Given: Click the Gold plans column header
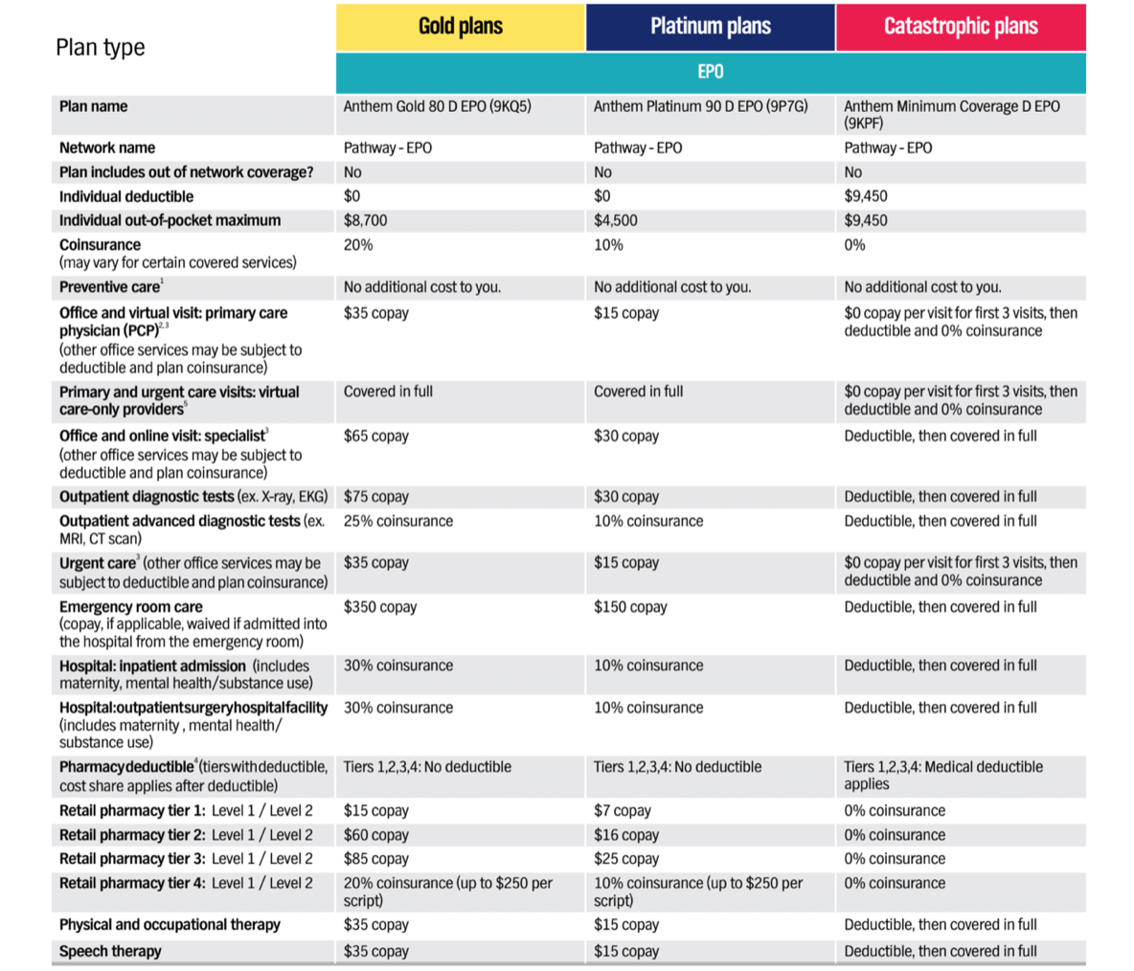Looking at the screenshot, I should click(x=460, y=27).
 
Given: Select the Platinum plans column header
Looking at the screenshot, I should click(x=710, y=27).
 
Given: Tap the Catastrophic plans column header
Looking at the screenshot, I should click(x=960, y=27).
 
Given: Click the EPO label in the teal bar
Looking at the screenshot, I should click(x=710, y=72).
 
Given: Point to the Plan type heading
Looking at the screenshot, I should click(x=100, y=48).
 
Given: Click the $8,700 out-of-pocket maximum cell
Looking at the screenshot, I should click(x=366, y=220).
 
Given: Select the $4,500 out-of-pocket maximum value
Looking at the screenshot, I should click(x=616, y=220).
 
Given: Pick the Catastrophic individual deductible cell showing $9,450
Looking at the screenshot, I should click(x=866, y=196).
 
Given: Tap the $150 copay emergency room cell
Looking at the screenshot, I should click(x=630, y=607).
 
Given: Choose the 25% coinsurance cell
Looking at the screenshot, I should click(x=398, y=521).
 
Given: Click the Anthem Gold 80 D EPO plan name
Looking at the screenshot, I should click(x=437, y=106).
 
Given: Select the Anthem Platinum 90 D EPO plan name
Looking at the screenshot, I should click(x=700, y=106).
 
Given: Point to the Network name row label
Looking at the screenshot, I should click(x=107, y=147).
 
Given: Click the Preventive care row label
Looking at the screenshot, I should click(x=109, y=287).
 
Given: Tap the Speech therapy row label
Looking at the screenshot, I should click(x=110, y=951).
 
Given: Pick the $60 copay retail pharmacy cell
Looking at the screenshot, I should click(x=376, y=835).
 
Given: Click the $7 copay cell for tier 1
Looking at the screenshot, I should click(x=623, y=810).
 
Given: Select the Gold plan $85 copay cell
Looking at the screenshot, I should click(x=376, y=859).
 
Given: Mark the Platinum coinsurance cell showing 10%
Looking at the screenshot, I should click(x=608, y=245).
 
